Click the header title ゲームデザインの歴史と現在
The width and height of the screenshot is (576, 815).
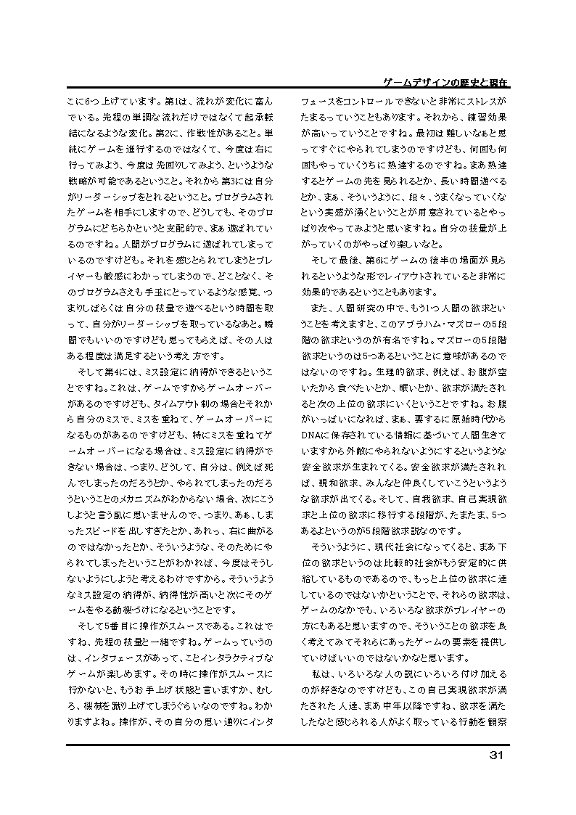pos(445,82)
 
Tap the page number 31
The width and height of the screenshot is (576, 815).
pos(497,755)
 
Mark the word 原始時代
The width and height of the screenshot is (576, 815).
pos(465,418)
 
